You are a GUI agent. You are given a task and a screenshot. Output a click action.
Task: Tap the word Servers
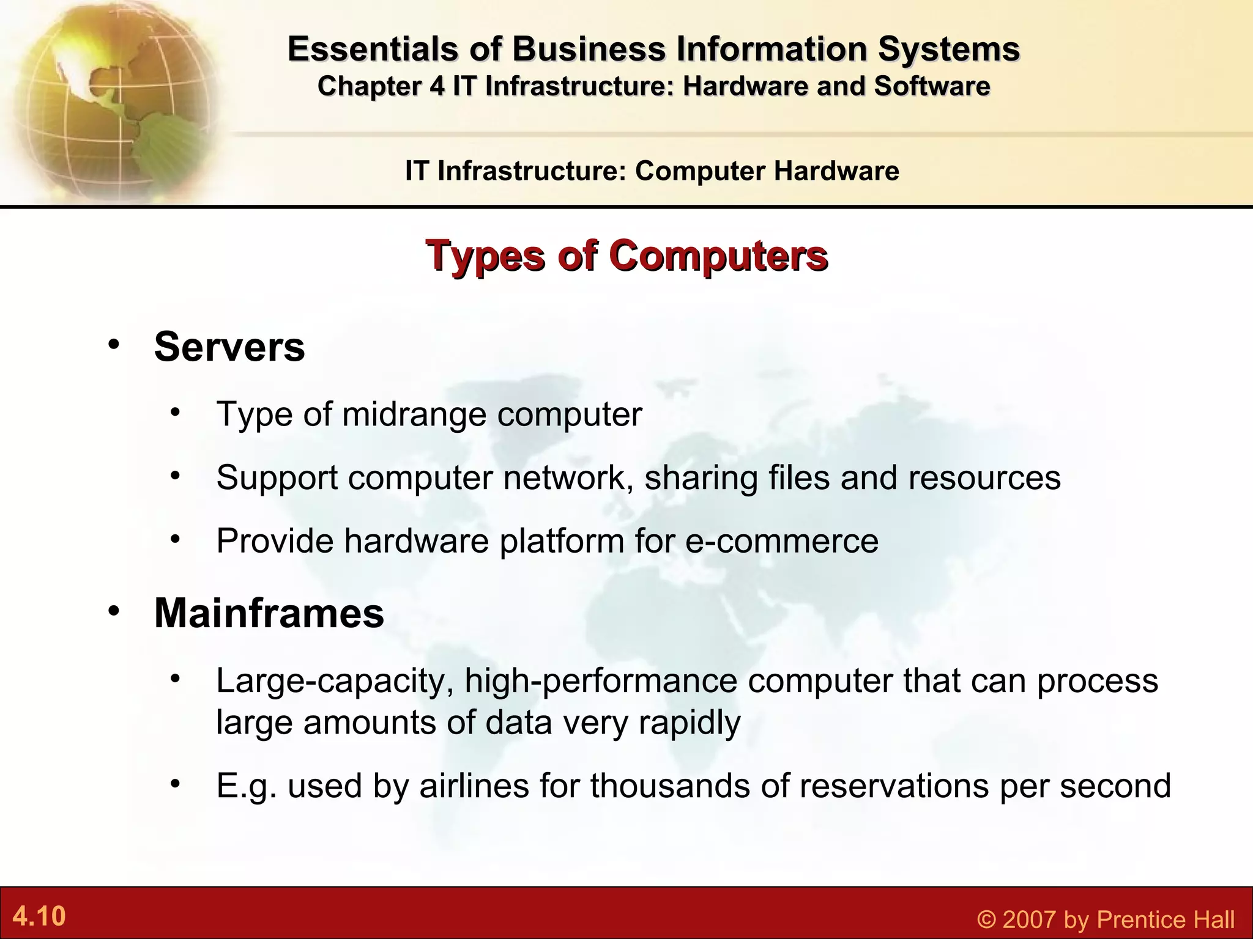click(x=229, y=347)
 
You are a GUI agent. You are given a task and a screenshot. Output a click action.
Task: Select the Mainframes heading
click(x=269, y=613)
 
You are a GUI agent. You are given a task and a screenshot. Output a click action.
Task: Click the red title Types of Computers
click(x=626, y=256)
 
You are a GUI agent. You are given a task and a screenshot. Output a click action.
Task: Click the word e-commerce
click(x=781, y=541)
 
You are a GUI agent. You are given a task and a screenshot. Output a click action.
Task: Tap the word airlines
click(x=474, y=786)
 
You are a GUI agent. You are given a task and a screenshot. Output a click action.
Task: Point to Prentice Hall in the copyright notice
click(x=1166, y=919)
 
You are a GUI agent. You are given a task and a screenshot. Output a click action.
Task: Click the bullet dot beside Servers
click(x=113, y=345)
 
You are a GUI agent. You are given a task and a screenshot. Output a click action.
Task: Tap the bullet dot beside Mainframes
click(x=113, y=611)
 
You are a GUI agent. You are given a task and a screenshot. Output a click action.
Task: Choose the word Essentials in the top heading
click(x=372, y=49)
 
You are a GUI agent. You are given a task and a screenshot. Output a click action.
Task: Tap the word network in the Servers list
click(x=568, y=477)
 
